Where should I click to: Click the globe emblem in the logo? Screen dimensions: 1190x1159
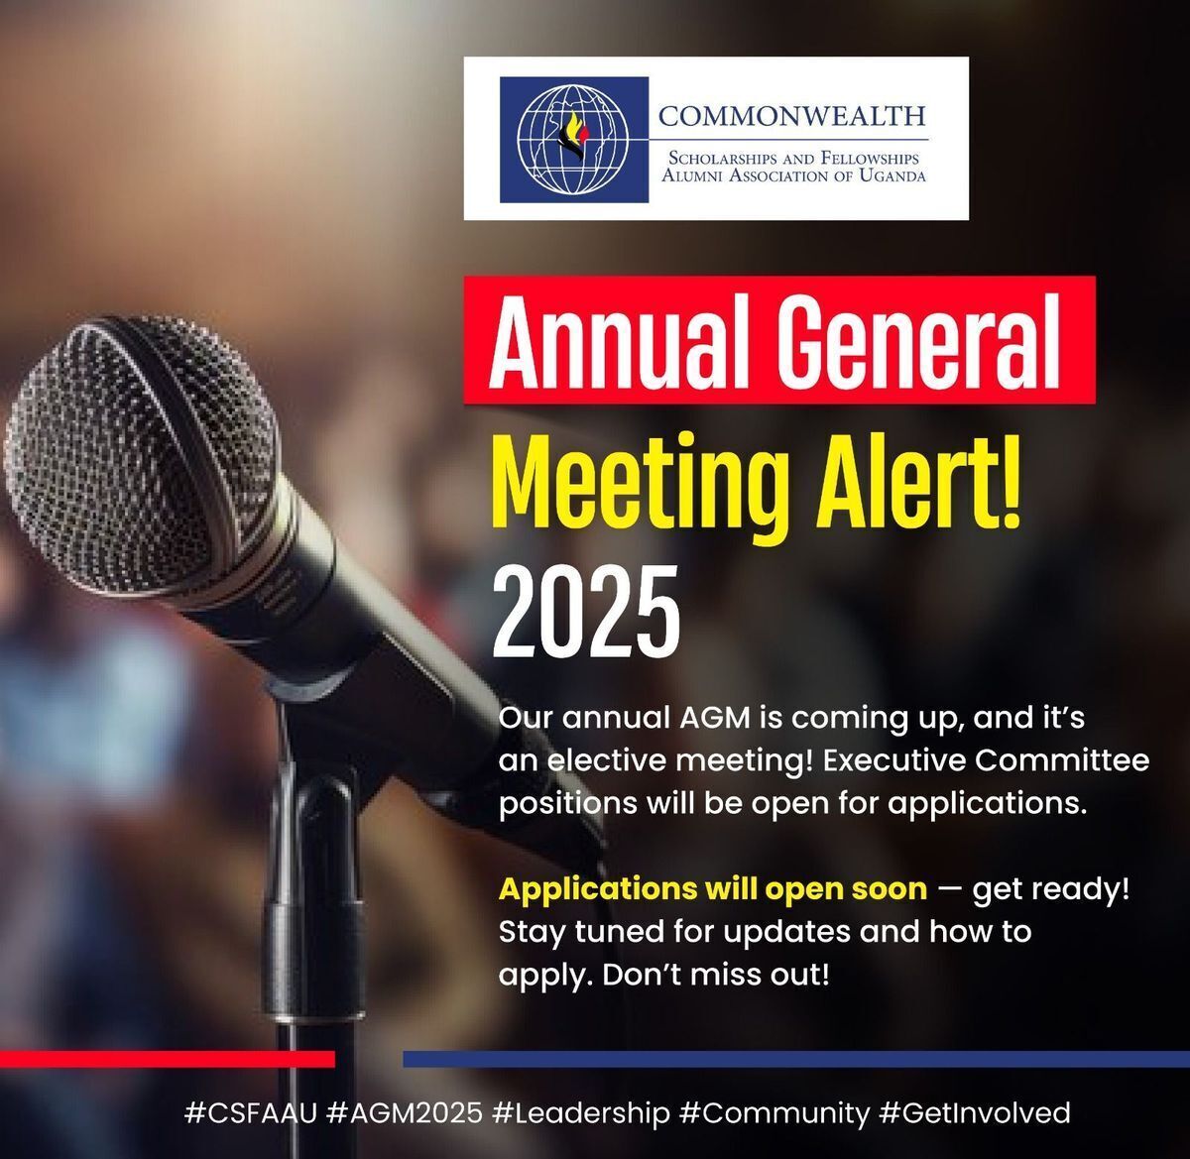click(573, 140)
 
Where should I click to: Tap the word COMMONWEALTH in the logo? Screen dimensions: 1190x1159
click(792, 116)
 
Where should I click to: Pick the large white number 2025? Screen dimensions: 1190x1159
click(586, 612)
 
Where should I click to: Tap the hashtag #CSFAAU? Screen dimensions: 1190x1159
click(251, 1113)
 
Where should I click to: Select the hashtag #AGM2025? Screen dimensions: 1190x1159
click(405, 1113)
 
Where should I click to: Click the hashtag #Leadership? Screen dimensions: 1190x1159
click(581, 1114)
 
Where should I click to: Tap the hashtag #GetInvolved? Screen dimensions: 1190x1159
click(975, 1113)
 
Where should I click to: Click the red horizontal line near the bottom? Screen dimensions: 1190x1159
click(168, 1060)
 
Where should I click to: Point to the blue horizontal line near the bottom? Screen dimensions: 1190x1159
click(796, 1060)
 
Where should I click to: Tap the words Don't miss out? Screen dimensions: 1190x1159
click(716, 975)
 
